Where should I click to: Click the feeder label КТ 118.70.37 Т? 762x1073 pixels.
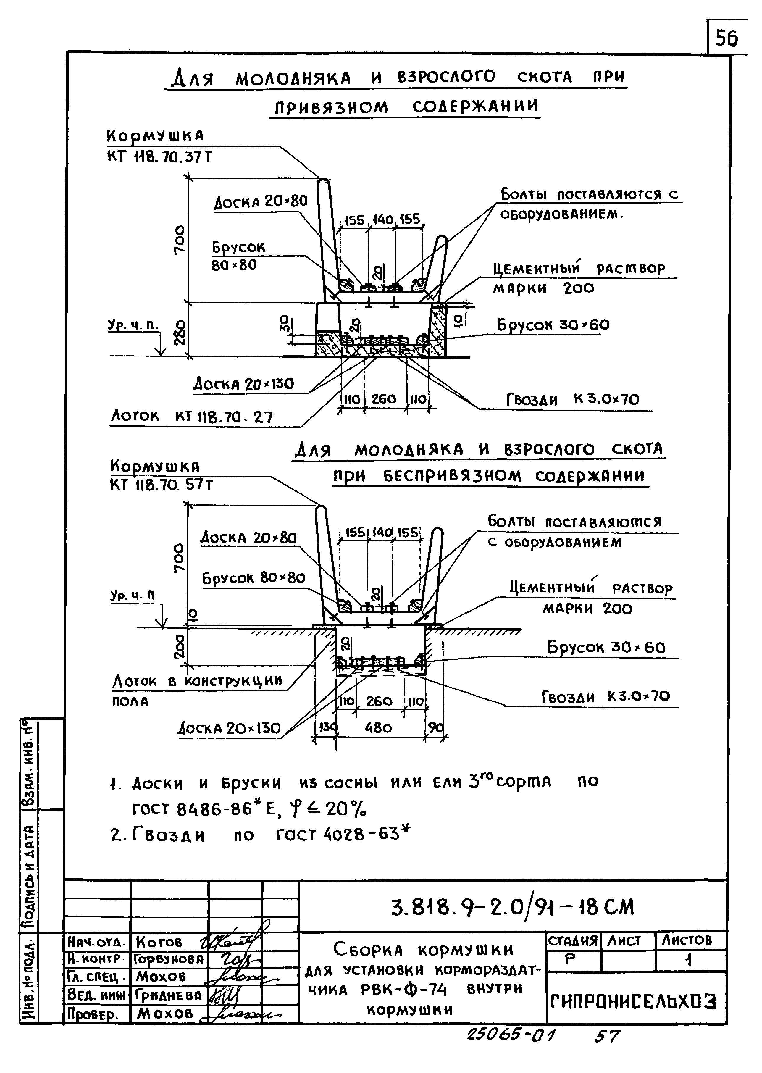[x=159, y=157]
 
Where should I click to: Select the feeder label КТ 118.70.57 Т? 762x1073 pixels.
[x=162, y=485]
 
